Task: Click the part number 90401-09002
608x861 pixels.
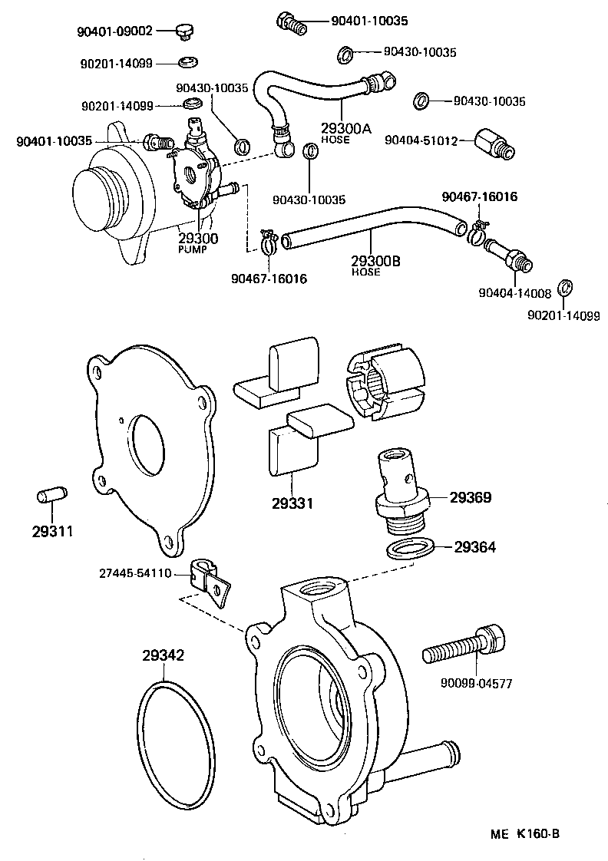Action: click(x=114, y=31)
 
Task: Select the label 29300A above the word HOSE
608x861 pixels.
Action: click(x=345, y=129)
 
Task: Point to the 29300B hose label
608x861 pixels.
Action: click(x=376, y=261)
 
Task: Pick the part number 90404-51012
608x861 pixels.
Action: click(x=421, y=140)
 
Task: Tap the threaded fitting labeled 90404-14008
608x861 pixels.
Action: click(x=507, y=256)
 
